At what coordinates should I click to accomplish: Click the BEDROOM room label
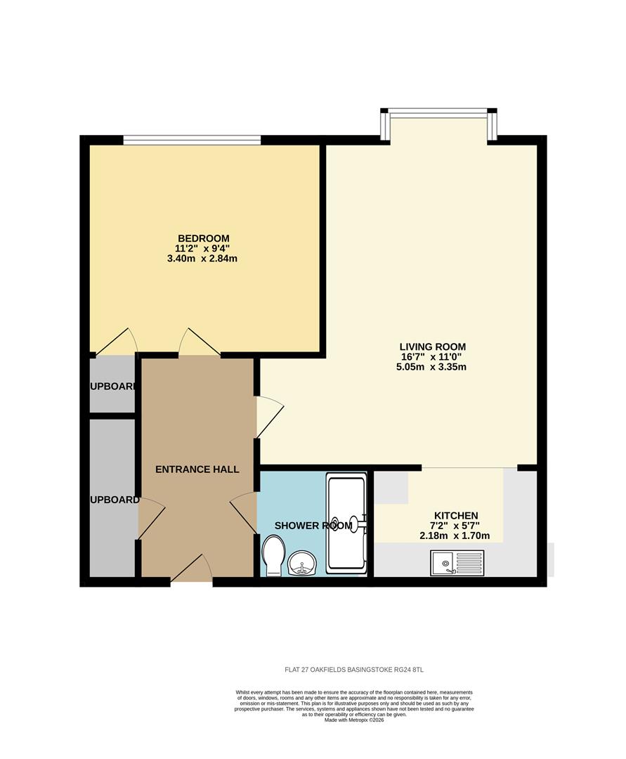click(x=203, y=238)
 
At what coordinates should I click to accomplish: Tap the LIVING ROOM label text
click(x=432, y=346)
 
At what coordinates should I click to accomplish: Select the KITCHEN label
click(x=455, y=516)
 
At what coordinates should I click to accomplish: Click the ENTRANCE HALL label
click(x=197, y=469)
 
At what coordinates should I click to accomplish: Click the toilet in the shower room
click(x=273, y=555)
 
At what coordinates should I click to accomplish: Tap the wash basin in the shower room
click(x=304, y=562)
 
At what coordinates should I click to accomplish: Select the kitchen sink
click(x=457, y=562)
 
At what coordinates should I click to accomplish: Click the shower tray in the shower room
click(x=346, y=524)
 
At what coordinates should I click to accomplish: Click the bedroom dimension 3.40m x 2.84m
click(x=203, y=259)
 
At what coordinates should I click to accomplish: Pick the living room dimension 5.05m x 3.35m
click(x=432, y=367)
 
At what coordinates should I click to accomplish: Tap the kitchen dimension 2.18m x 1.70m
click(x=455, y=536)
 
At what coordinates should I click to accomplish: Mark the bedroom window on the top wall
click(x=192, y=140)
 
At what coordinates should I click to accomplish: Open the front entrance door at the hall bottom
click(x=192, y=571)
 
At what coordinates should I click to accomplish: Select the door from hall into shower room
click(x=245, y=510)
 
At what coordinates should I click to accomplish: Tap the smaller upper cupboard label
click(x=112, y=387)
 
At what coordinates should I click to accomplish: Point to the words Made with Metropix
click(x=354, y=720)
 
